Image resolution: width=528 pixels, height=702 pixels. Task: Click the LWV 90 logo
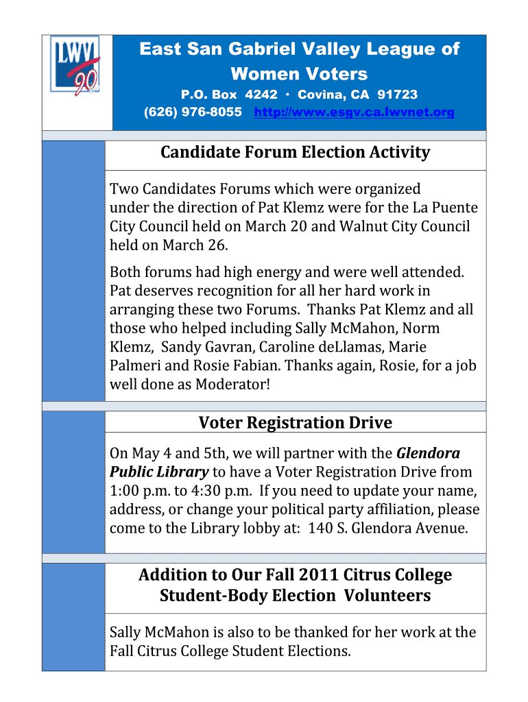[x=77, y=66]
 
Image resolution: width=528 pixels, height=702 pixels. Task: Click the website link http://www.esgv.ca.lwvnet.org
[x=354, y=112]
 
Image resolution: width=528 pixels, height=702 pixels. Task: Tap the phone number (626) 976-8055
[x=193, y=112]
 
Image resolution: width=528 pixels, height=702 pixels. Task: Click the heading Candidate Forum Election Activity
[x=295, y=152]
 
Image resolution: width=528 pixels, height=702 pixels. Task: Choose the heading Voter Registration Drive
[x=295, y=422]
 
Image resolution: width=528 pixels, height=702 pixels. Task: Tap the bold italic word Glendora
[x=429, y=453]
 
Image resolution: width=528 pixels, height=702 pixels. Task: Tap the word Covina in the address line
[x=320, y=95]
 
